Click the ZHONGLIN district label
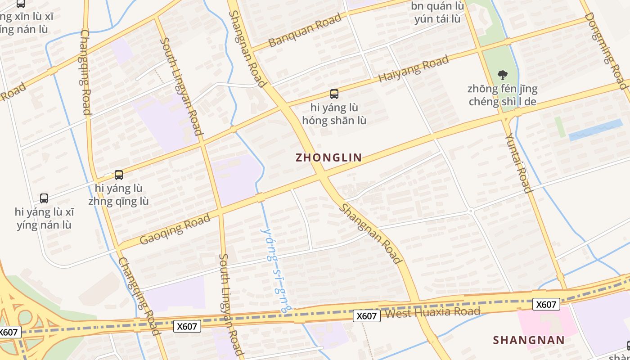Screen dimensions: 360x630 point(328,157)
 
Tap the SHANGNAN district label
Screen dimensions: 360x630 point(529,340)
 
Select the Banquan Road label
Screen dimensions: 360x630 point(305,31)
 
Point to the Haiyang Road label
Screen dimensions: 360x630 point(414,69)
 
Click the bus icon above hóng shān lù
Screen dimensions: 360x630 point(334,94)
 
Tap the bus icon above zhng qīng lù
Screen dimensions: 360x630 point(119,175)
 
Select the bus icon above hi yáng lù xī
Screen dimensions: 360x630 point(44,198)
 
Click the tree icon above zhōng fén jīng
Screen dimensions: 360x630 point(502,75)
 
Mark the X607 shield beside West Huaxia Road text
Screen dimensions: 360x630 point(366,316)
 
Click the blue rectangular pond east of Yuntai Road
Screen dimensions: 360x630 point(595,130)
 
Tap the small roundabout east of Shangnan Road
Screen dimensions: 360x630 point(471,211)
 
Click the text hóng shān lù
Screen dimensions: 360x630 point(334,121)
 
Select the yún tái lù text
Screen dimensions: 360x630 point(437,19)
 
